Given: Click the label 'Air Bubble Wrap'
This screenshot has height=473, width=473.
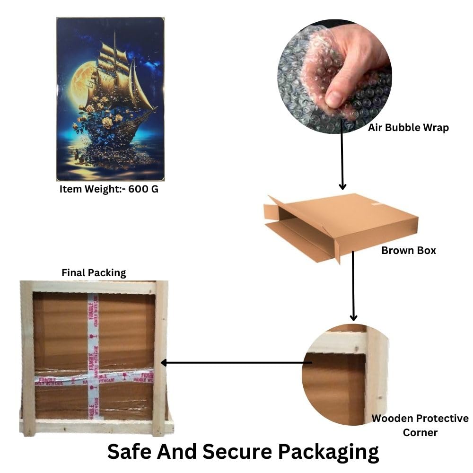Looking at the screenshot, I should (408, 128).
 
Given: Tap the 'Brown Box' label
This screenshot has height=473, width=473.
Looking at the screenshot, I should (408, 250).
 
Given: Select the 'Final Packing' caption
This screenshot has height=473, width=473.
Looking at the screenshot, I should (94, 273).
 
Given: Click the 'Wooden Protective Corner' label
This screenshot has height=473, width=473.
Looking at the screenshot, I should (420, 425).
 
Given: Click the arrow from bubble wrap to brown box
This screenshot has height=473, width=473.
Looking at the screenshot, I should (342, 161).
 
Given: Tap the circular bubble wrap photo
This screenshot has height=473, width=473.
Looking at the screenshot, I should (334, 76).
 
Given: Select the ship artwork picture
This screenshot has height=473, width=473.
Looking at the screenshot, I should (110, 99).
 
